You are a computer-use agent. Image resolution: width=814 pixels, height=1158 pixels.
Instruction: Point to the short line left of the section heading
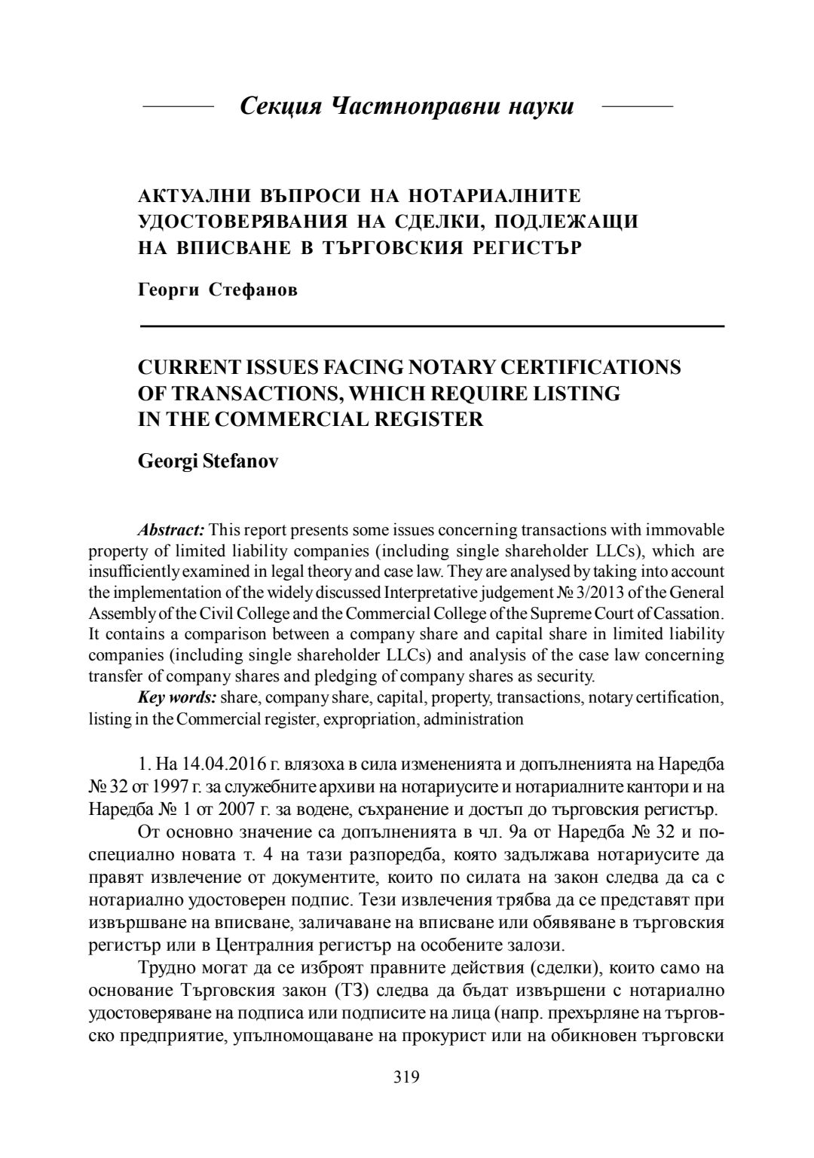coord(179,107)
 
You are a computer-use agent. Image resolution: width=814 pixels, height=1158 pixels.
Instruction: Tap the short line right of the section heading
coord(638,107)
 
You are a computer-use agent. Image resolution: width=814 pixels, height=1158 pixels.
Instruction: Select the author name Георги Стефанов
coord(218,290)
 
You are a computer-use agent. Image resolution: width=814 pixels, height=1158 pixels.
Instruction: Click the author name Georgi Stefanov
coord(208,461)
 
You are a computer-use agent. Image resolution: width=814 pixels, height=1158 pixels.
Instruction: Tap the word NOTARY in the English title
coord(450,367)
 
